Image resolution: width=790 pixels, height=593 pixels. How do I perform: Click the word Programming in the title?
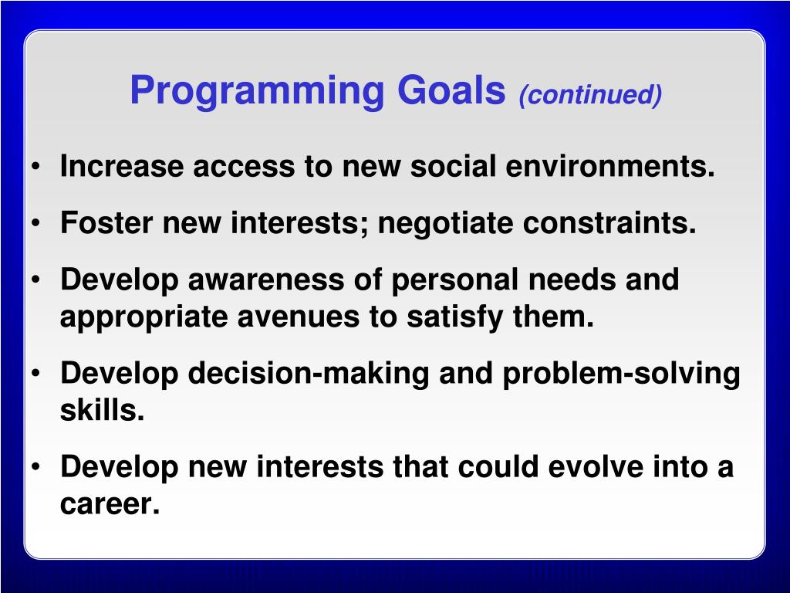click(257, 91)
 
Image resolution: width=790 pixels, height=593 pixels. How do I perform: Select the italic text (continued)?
click(590, 95)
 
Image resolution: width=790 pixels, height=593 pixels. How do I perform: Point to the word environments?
click(610, 166)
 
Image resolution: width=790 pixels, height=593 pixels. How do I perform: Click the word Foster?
click(106, 222)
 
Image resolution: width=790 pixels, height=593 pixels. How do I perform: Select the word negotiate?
click(445, 224)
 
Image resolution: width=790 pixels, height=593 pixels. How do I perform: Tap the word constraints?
click(609, 222)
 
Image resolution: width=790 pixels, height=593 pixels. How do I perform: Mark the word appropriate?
click(143, 317)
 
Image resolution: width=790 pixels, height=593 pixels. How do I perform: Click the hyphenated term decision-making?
click(309, 374)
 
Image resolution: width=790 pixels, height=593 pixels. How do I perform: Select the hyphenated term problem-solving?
click(622, 374)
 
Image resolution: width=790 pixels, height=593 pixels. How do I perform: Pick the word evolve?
click(596, 466)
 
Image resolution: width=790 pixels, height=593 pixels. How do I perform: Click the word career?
click(110, 503)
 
